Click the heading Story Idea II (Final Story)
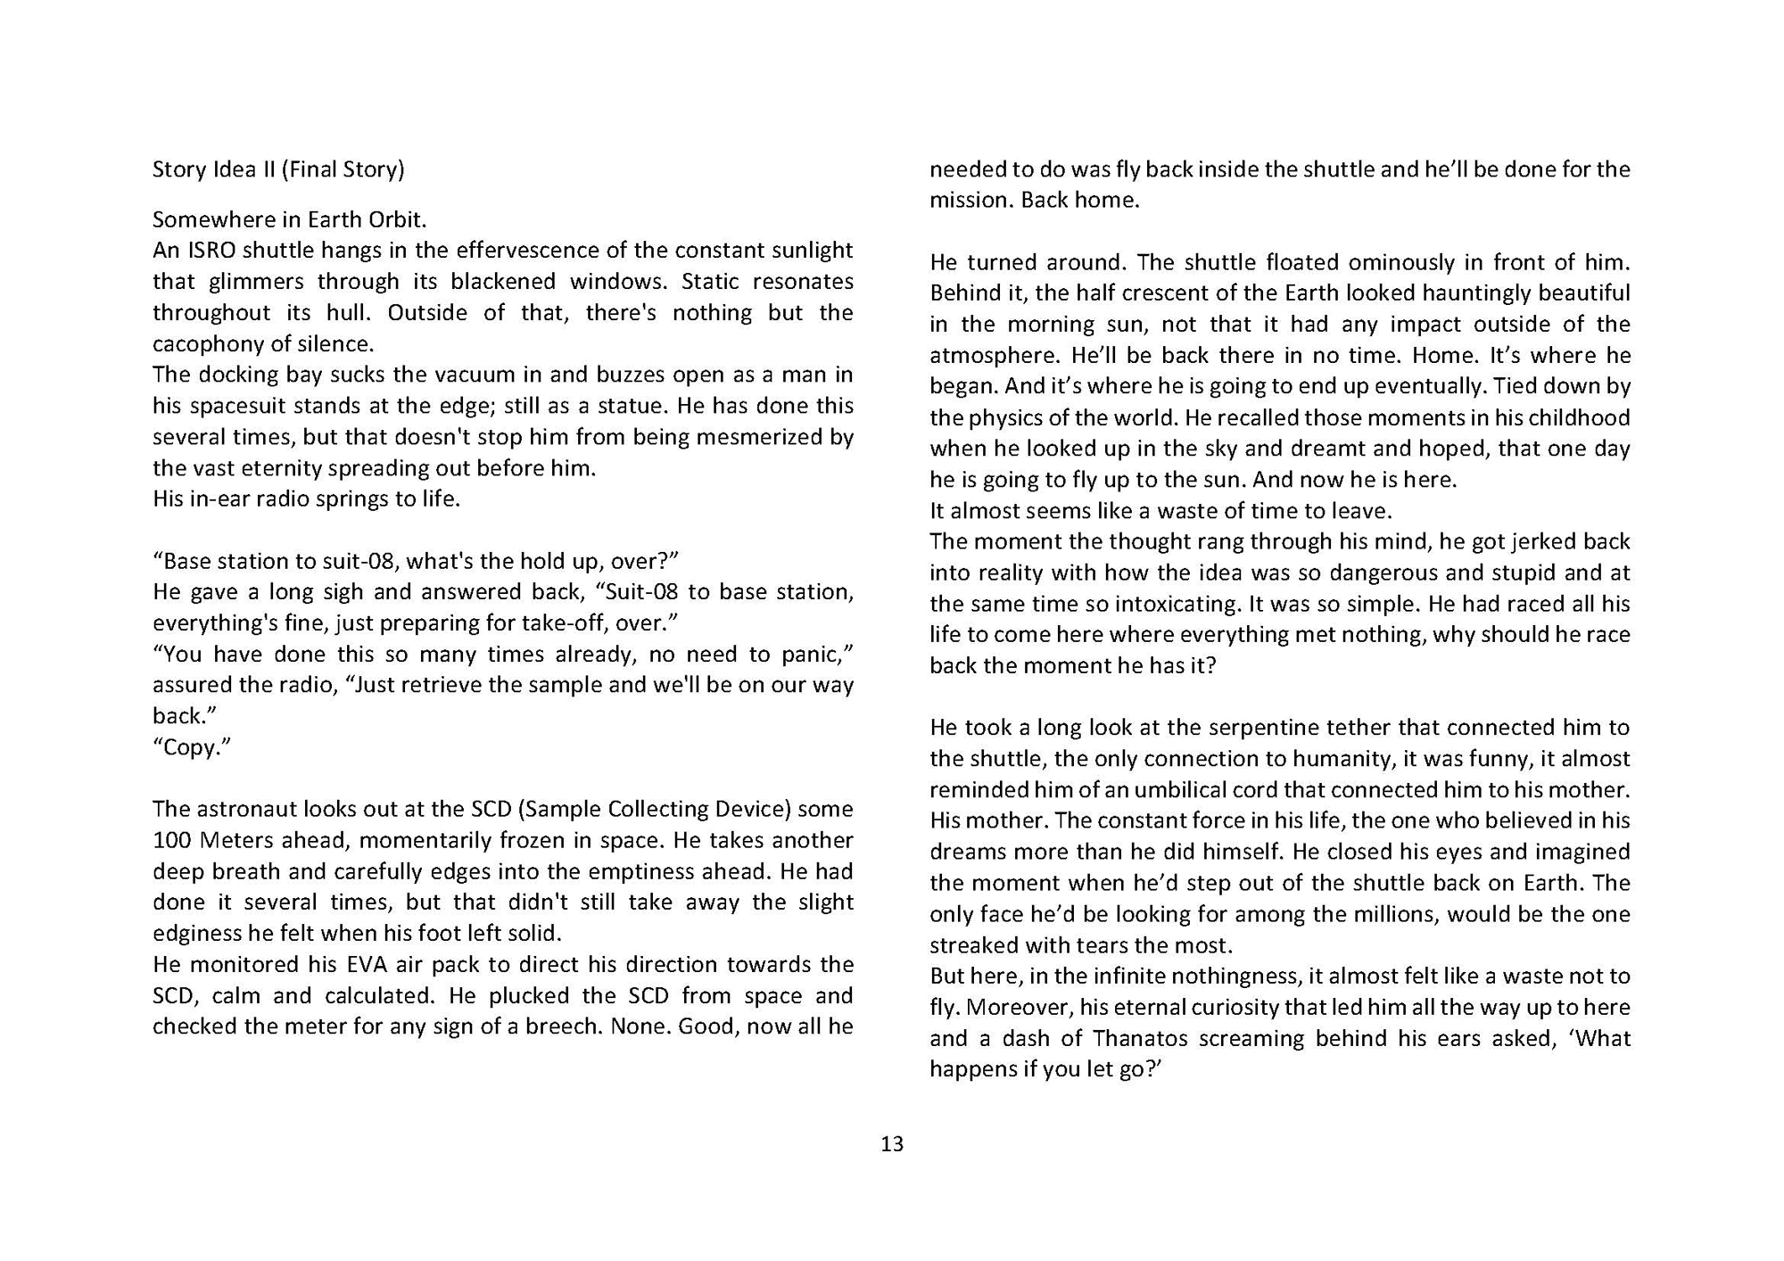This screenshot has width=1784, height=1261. (278, 169)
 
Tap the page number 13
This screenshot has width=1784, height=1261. (892, 1144)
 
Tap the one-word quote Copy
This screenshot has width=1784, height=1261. (192, 747)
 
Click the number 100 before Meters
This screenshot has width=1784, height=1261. (172, 840)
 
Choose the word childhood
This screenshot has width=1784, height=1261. (1579, 417)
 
